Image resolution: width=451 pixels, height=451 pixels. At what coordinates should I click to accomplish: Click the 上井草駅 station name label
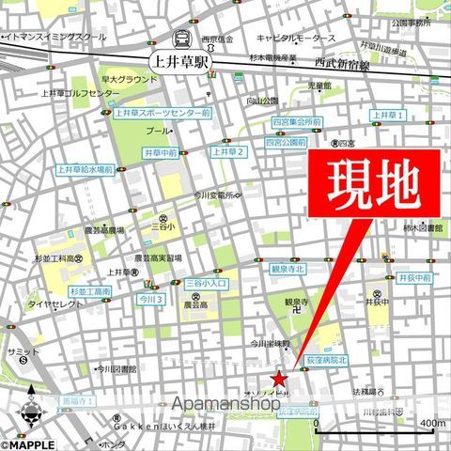coord(181,61)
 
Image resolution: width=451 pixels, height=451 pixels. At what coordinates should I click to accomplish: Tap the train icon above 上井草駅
coord(181,39)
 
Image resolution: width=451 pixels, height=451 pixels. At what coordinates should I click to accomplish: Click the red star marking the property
coord(279,378)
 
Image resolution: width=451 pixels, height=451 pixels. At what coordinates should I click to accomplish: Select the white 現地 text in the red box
coord(372,186)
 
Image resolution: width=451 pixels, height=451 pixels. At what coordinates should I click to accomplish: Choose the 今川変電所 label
coord(222,195)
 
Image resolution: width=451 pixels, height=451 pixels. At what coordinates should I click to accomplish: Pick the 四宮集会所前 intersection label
coord(296,122)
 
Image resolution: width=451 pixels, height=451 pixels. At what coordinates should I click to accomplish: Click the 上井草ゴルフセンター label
coord(80,94)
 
